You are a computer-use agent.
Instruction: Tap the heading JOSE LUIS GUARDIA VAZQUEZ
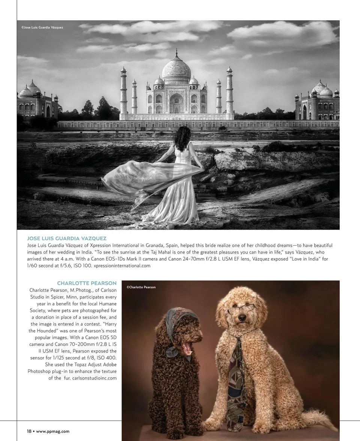coord(67,238)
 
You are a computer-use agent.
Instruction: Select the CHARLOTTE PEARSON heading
coord(87,283)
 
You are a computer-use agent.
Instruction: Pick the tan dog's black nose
coord(242,317)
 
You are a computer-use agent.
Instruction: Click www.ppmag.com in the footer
coord(52,431)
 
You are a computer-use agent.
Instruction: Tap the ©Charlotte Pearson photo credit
coord(141,287)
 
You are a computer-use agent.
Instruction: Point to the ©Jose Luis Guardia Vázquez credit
coord(42,27)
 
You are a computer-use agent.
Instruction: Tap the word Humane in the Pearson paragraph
coord(106,303)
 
